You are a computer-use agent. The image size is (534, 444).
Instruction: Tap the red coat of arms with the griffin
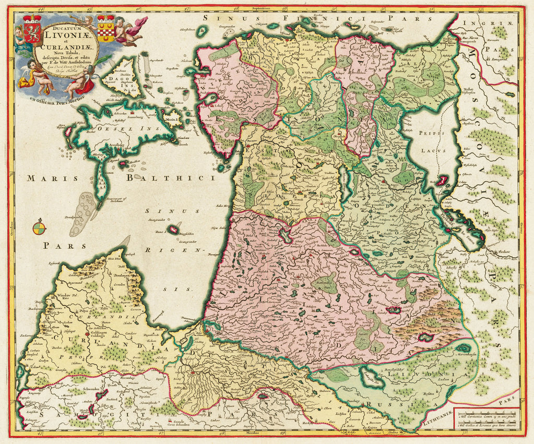(32, 30)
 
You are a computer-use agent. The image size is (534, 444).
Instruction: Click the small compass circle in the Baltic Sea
(39, 228)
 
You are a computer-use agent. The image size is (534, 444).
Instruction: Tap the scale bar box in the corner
(486, 418)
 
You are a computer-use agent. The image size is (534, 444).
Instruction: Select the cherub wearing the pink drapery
(130, 30)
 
